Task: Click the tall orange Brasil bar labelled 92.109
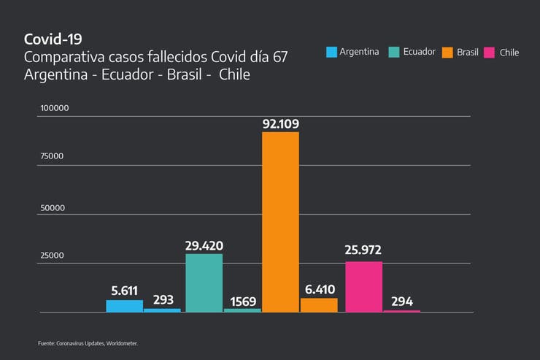(280, 221)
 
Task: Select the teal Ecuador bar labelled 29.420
(204, 283)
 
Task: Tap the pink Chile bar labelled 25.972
(363, 286)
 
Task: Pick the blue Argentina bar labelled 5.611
(125, 306)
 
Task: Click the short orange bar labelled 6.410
(319, 305)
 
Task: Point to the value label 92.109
(281, 124)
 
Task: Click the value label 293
(162, 300)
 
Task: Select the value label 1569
(242, 300)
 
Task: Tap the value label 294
(402, 301)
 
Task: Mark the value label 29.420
(204, 246)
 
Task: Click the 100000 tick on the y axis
(54, 108)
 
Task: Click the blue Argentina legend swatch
(331, 52)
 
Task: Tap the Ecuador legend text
(419, 52)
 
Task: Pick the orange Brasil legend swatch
(447, 52)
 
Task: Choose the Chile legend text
(509, 53)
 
